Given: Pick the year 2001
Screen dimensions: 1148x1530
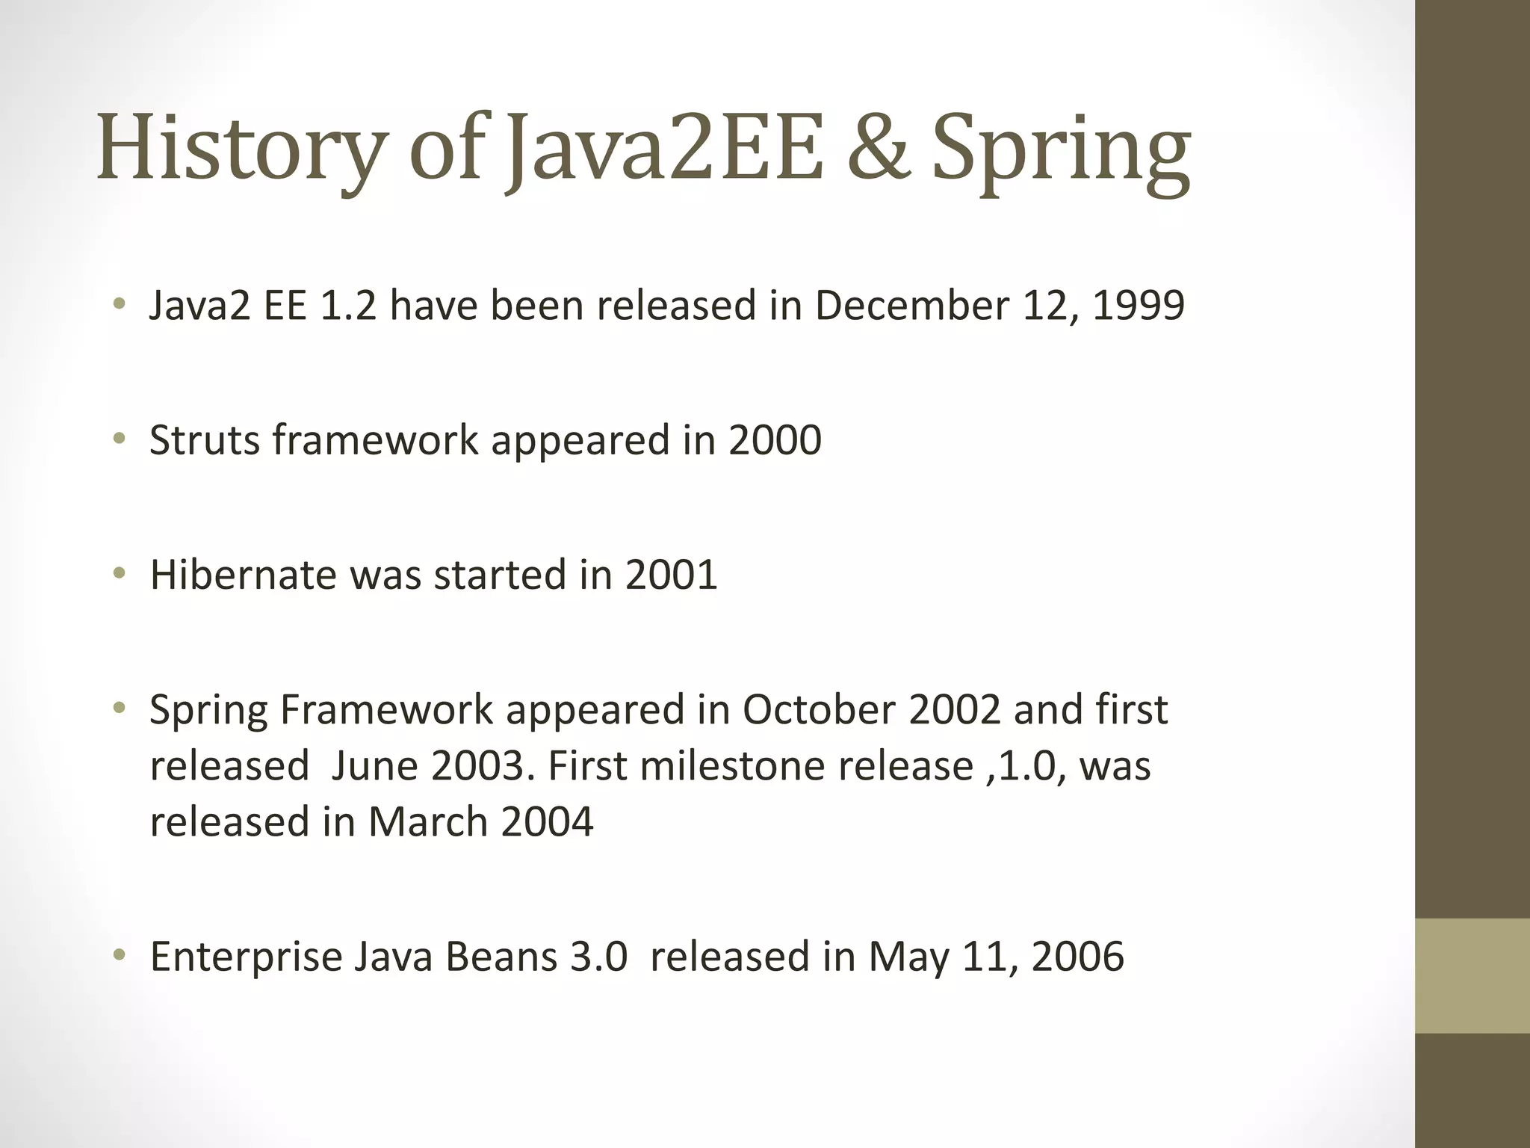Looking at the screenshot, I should click(x=671, y=574).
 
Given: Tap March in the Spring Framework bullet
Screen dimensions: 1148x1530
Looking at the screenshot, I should click(x=427, y=821).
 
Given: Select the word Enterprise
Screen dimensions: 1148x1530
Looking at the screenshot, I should click(x=247, y=956).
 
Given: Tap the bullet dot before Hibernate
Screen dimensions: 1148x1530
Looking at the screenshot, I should click(x=120, y=573).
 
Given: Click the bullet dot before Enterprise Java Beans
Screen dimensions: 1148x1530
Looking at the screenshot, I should click(x=120, y=955).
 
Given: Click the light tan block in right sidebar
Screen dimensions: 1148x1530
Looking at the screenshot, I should click(x=1472, y=975).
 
